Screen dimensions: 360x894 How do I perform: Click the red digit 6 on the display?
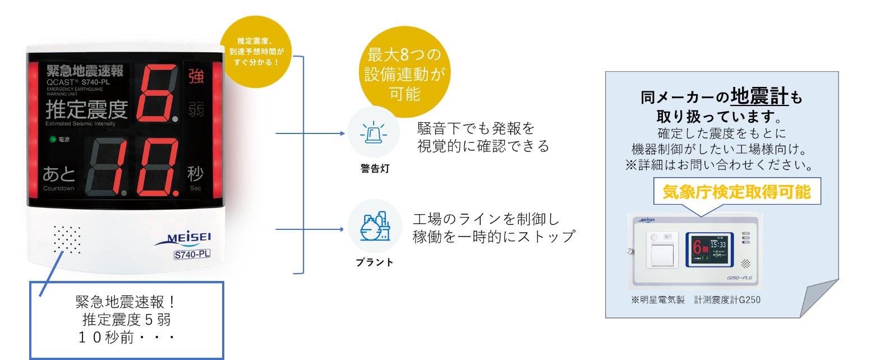point(160,93)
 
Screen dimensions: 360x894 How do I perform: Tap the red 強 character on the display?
point(196,76)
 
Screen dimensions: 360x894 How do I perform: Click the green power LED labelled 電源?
point(53,139)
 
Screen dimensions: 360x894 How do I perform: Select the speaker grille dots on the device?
point(67,240)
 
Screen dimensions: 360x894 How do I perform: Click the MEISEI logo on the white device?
point(182,239)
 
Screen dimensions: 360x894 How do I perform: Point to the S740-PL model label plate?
point(192,255)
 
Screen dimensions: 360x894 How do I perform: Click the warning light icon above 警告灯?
point(374,133)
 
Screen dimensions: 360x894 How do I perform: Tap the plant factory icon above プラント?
point(375,227)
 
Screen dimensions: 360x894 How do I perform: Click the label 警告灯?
point(375,168)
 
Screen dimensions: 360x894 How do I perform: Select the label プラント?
point(375,262)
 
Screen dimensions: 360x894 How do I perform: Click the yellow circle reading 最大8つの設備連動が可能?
point(404,74)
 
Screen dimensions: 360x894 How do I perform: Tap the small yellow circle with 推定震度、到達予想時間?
point(257,52)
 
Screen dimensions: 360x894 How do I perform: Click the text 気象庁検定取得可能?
point(736,192)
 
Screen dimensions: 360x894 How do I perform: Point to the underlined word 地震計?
point(760,96)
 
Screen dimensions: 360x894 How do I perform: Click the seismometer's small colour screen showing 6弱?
point(709,249)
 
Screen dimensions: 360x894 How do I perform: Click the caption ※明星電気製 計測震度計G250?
point(695,300)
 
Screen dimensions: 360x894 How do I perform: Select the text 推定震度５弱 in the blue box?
point(126,320)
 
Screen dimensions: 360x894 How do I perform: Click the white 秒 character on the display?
point(195,174)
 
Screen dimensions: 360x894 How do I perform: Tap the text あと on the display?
point(59,174)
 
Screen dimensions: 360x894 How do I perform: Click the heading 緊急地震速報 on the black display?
point(85,71)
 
